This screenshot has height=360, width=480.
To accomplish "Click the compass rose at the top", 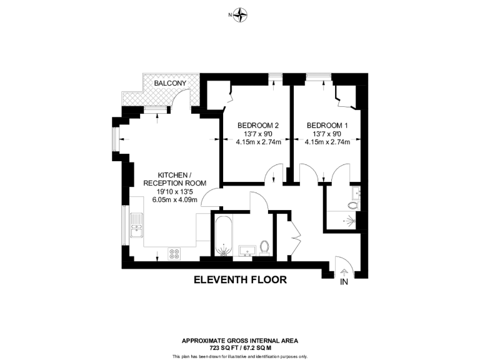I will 240,14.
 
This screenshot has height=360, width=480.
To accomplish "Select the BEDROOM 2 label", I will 258,126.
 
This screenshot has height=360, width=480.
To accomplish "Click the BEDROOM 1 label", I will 327,126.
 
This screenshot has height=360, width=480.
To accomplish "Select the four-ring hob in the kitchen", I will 175,254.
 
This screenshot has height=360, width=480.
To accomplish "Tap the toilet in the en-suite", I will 354,204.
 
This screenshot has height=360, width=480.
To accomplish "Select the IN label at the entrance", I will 343,282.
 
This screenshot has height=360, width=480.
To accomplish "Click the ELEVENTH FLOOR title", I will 239,280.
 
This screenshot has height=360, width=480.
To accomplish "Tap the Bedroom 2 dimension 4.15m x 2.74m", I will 258,142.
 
